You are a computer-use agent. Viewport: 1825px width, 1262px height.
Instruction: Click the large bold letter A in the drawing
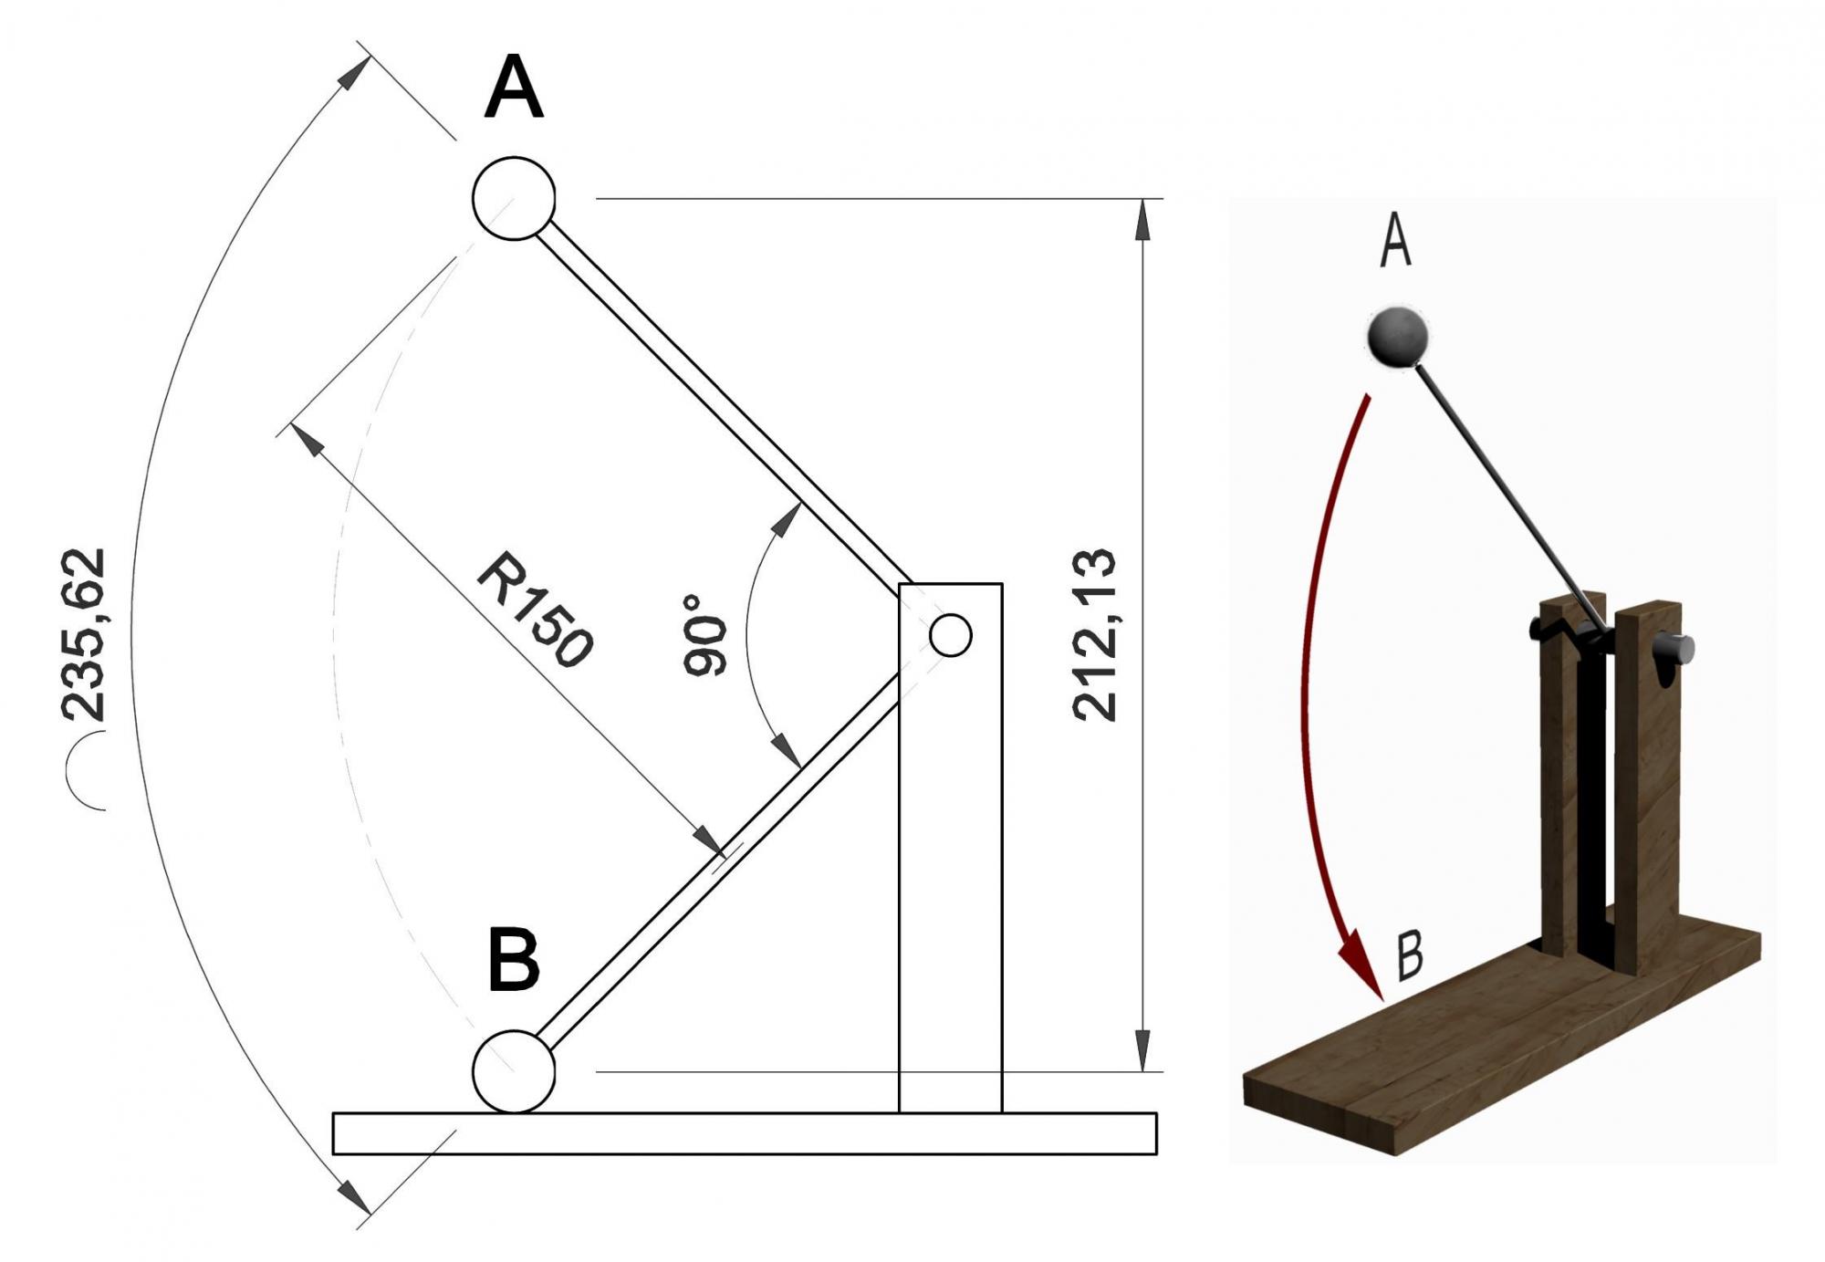click(x=514, y=88)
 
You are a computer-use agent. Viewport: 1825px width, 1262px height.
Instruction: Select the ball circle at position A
click(x=514, y=199)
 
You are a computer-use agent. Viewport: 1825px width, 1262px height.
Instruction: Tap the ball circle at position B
click(x=514, y=1071)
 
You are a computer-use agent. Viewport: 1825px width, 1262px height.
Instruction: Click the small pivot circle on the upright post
click(x=950, y=635)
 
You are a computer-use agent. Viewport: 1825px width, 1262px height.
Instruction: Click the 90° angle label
click(x=705, y=635)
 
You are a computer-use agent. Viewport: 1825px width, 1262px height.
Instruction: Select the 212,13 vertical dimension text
click(x=1095, y=635)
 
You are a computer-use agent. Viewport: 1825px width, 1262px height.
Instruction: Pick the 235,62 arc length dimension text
click(x=84, y=635)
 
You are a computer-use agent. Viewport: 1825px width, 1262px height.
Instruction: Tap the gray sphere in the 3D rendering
click(x=1396, y=337)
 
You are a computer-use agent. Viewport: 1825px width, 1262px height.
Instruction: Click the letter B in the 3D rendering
click(x=1410, y=956)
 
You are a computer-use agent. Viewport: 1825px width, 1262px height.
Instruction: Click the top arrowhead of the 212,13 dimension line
click(x=1142, y=220)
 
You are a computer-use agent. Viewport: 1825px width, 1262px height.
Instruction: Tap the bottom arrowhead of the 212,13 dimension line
click(x=1142, y=1050)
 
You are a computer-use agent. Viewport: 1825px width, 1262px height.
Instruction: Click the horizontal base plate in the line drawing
click(x=744, y=1133)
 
